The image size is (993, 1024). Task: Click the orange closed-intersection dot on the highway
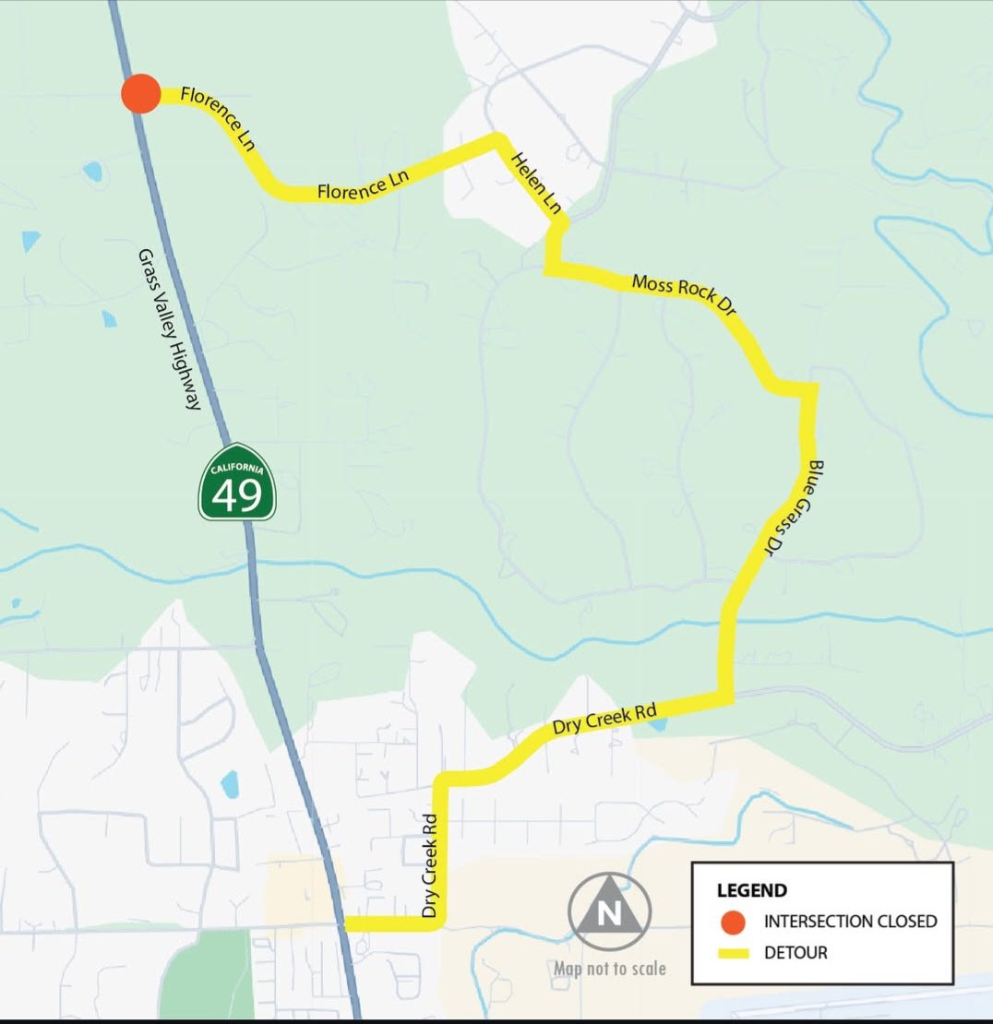141,94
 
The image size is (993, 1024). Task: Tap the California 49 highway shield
237,482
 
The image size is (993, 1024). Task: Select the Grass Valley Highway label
170,329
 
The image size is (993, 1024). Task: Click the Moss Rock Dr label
683,295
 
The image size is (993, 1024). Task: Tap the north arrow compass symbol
609,912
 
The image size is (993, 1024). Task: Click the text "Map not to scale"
609,969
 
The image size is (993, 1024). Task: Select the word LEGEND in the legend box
752,890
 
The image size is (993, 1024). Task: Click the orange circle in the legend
733,922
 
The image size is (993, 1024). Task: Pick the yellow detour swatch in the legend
733,952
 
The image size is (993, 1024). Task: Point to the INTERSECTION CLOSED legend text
850,922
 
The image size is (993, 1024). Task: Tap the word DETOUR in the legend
796,952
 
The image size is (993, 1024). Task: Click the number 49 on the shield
237,496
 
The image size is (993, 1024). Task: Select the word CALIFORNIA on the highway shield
237,470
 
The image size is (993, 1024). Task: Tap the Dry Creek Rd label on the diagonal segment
604,720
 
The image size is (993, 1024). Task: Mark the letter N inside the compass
609,914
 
